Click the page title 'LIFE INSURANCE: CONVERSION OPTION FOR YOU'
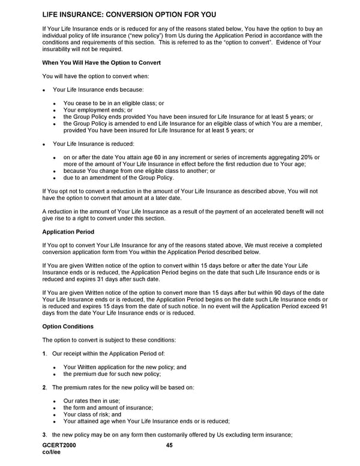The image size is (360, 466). (x=130, y=14)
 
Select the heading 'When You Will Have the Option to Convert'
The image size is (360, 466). (x=101, y=62)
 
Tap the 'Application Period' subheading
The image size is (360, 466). (x=68, y=231)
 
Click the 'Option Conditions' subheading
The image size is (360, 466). (x=68, y=326)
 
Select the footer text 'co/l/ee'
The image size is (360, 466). (x=52, y=453)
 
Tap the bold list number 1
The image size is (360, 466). (x=44, y=353)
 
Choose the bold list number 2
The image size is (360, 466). (x=44, y=387)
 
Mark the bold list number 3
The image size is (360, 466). (x=44, y=435)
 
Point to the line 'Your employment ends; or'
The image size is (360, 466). (x=98, y=110)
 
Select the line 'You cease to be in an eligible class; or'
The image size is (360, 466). (x=113, y=103)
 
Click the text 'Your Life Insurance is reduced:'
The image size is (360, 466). (x=94, y=144)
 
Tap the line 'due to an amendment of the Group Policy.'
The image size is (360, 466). (x=119, y=178)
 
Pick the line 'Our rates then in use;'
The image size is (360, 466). (x=92, y=401)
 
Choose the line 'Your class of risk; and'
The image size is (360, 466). (x=92, y=414)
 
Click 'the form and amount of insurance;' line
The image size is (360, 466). (x=108, y=407)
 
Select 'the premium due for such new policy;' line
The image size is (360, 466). (x=112, y=374)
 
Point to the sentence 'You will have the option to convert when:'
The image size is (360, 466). (x=95, y=76)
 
